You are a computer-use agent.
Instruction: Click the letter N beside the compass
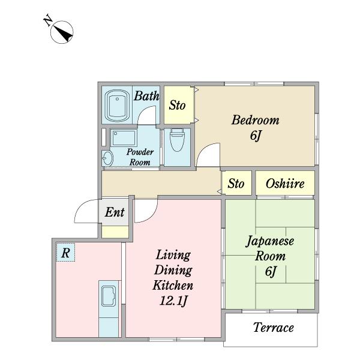point(48,20)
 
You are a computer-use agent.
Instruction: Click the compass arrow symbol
point(62,32)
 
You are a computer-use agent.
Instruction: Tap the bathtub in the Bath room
point(117,106)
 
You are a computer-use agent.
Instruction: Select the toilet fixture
point(177,140)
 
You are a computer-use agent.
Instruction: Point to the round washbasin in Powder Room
point(107,158)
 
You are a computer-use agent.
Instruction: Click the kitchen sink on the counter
point(109,296)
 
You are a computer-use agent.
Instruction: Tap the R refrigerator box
point(65,253)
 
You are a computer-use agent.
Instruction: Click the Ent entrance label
point(115,212)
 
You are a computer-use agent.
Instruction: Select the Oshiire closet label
point(285,184)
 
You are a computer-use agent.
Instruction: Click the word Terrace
point(274,327)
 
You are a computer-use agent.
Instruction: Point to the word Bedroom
point(256,120)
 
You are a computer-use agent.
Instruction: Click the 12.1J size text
point(173,301)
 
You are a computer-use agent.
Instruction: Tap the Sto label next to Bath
point(177,106)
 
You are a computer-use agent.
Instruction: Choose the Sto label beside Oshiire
point(236,184)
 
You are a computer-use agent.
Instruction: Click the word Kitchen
point(173,285)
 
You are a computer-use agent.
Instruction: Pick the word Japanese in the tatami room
point(270,241)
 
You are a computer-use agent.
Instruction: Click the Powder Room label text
point(140,157)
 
